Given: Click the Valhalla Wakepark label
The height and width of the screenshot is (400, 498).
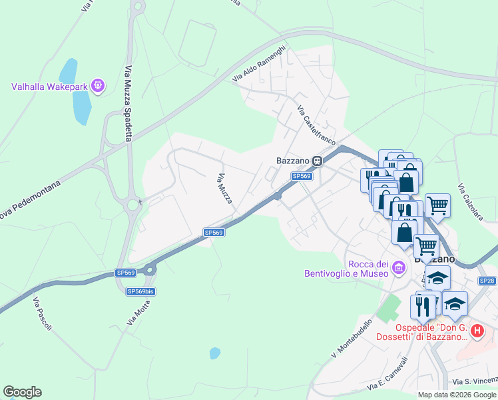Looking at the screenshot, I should coord(50,86).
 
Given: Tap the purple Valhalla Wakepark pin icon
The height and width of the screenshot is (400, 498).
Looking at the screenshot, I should coord(99,85).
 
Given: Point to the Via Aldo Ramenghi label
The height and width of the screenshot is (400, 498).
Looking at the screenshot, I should coord(259,64).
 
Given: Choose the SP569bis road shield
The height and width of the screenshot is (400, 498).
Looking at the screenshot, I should coord(140,291).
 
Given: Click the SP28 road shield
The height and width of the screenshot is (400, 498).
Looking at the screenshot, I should coord(487,281).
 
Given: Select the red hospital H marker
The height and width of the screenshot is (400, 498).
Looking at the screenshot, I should coord(477,330).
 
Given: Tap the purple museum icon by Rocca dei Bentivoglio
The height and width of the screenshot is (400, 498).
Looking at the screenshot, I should coord(399,268).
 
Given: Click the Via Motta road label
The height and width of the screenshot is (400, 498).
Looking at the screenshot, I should coord(139,312).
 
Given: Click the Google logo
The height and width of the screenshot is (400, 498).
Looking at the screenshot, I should coord(22,392).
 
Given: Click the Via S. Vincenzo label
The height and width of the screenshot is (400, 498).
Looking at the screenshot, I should coord(475,381).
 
